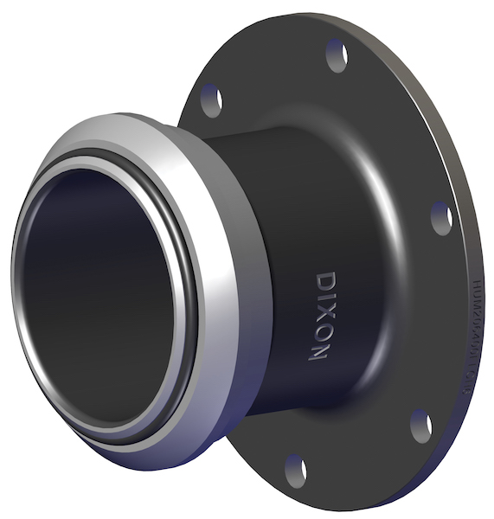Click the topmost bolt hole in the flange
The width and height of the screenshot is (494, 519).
[x=337, y=54]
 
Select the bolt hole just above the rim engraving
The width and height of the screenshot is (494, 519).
[x=441, y=216]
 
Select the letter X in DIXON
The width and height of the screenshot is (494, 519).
[x=323, y=311]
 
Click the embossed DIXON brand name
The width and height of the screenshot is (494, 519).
[x=321, y=315]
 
